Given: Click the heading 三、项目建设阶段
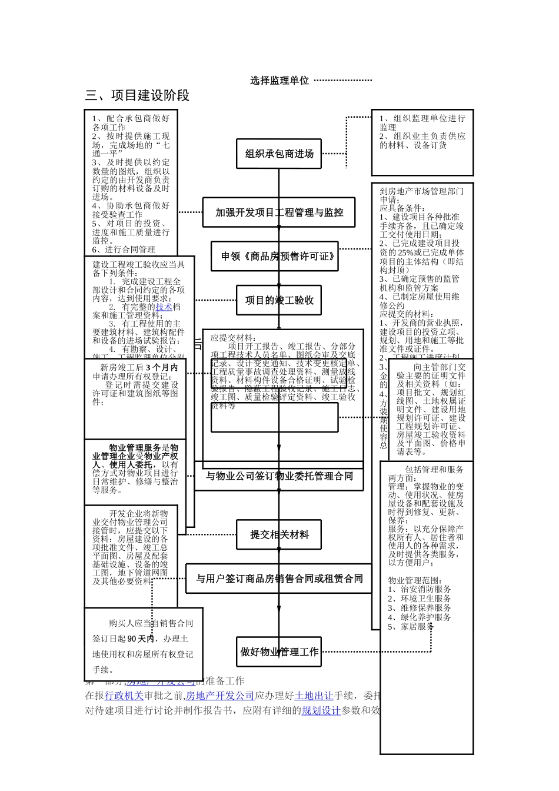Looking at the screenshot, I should [x=138, y=95].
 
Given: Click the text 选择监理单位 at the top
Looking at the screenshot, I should [x=279, y=81].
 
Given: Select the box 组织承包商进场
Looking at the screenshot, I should [x=279, y=154].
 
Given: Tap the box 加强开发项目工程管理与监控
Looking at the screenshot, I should [x=279, y=212].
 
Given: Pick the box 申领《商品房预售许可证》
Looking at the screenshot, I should [x=275, y=257].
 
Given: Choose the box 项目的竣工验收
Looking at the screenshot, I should [x=279, y=301].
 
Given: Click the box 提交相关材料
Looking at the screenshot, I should [x=279, y=535].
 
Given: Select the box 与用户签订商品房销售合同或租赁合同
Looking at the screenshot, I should [x=279, y=579].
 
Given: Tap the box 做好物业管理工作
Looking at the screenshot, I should [x=279, y=652].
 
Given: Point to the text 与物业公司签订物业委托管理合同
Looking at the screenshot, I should [x=279, y=476].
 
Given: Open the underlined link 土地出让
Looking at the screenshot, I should [x=314, y=696].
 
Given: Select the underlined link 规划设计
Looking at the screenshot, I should [x=321, y=710].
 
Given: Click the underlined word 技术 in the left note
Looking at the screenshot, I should [x=164, y=307].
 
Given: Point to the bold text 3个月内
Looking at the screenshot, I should [x=162, y=368].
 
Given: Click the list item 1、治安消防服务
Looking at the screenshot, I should [x=420, y=589].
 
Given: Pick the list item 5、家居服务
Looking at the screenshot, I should [x=411, y=627].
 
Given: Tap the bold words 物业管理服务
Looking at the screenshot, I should [x=135, y=448].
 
